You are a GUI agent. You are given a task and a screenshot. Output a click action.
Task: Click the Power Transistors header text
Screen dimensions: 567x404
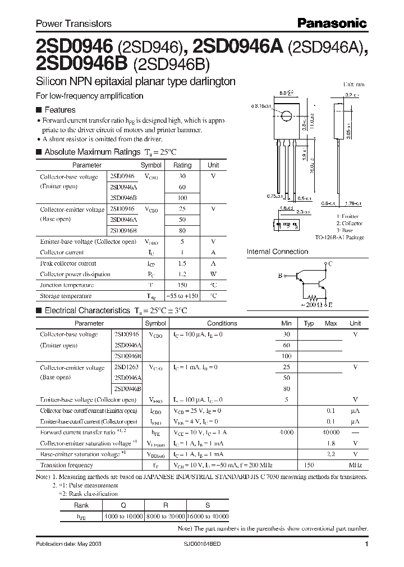tap(74, 24)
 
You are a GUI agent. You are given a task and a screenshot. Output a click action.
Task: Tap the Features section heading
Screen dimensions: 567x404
tap(59, 110)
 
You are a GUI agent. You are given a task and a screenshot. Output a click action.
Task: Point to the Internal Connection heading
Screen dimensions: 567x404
tap(277, 252)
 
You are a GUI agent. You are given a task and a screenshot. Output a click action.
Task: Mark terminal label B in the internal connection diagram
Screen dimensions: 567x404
tap(280, 276)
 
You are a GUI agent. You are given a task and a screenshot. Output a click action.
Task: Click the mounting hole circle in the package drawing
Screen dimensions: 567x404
tap(286, 117)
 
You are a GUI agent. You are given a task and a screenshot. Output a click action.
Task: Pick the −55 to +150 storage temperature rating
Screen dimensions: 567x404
tap(182, 296)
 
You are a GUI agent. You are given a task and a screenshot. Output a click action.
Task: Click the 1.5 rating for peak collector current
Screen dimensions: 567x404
tap(182, 263)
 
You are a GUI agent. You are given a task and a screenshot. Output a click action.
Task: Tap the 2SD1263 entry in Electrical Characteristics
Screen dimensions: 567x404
tap(127, 367)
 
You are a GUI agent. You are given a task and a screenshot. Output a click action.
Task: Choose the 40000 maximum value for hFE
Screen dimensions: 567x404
tap(330, 432)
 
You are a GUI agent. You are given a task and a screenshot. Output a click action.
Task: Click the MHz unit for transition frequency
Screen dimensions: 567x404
tap(355, 464)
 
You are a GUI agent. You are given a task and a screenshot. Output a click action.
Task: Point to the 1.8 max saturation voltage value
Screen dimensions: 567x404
tap(331, 443)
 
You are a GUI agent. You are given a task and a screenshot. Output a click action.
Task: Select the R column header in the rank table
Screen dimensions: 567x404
tap(166, 504)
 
